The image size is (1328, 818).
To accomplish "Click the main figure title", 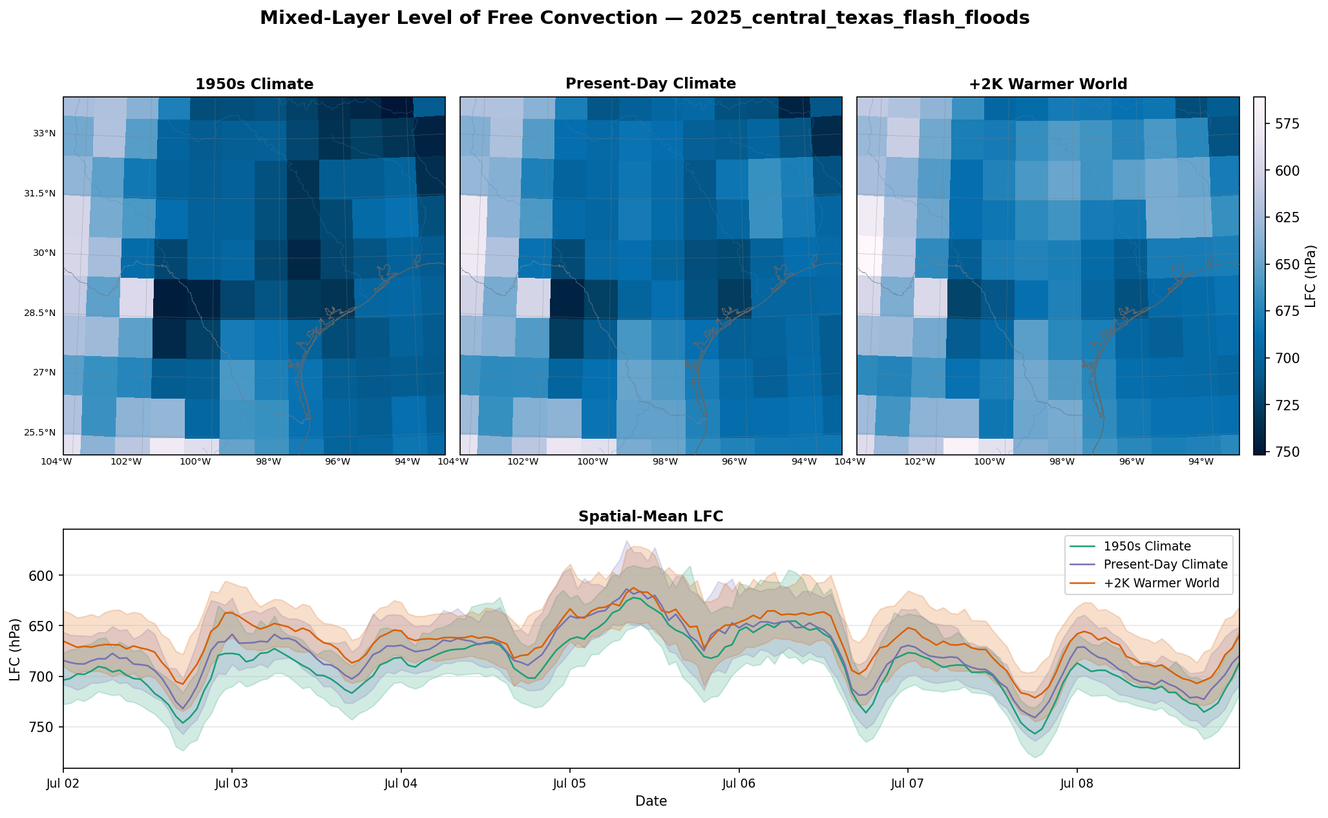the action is (x=644, y=18).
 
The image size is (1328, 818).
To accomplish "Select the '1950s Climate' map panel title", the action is (x=254, y=84).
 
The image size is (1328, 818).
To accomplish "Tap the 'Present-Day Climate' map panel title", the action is (x=651, y=84).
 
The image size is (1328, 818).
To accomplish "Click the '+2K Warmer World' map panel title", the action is (x=1048, y=84).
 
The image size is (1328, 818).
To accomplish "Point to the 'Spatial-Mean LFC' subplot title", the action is (x=651, y=516).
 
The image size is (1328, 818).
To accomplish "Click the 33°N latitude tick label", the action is (x=45, y=134).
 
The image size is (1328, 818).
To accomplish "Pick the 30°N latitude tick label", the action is (x=45, y=253).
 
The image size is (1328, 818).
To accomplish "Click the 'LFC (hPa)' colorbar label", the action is (x=1311, y=276).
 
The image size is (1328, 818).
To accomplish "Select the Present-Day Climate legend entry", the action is (x=1148, y=565).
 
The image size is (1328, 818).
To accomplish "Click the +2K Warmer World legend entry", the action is (x=1144, y=583).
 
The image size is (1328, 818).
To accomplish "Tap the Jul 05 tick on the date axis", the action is (x=570, y=784).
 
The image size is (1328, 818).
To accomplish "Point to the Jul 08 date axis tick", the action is (x=1077, y=784).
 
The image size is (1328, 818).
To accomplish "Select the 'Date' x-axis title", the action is (x=651, y=801).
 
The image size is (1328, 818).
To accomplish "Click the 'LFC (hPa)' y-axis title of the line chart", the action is (x=15, y=649).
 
